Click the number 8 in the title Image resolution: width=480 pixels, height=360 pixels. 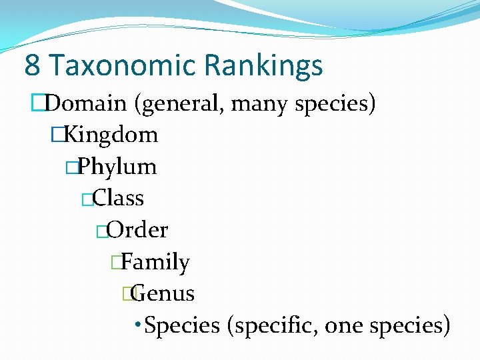[x=31, y=65]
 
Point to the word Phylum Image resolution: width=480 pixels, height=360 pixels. [x=118, y=167]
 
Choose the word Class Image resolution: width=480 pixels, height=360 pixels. [x=119, y=198]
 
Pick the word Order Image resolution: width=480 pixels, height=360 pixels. [x=137, y=230]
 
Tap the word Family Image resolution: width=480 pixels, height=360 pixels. [x=156, y=262]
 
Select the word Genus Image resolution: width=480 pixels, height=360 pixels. [x=164, y=293]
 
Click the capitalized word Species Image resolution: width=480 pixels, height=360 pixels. [x=182, y=325]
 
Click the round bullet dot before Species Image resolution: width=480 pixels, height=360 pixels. [x=137, y=325]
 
